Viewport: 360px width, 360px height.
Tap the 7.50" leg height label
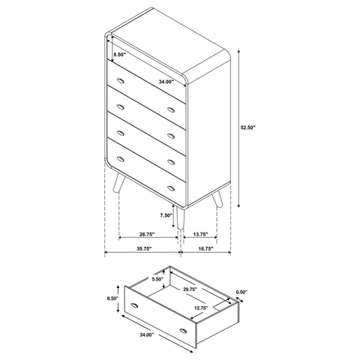click(x=167, y=217)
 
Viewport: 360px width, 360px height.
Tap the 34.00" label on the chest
click(x=166, y=81)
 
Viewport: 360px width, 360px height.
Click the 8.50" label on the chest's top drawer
click(x=118, y=55)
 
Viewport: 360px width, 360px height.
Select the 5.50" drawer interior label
click(x=157, y=280)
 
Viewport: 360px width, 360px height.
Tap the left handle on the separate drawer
click(x=135, y=307)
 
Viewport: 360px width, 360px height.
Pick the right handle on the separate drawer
click(x=184, y=329)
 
